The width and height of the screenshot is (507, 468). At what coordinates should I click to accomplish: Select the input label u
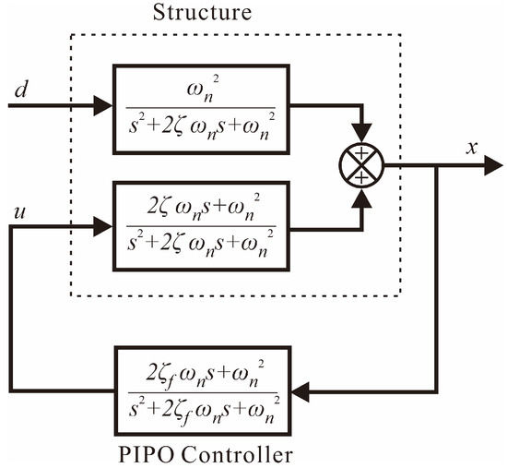coord(20,213)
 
